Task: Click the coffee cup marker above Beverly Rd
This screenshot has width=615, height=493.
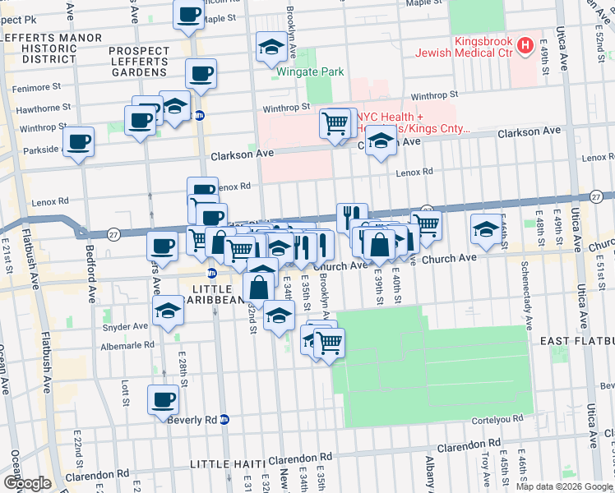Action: point(163,399)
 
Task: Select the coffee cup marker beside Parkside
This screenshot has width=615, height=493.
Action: point(78,141)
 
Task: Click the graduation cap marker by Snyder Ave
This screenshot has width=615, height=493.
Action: point(168,311)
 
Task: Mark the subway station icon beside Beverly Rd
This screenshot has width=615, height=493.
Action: point(224,419)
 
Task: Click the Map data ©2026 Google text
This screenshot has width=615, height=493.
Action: point(564,486)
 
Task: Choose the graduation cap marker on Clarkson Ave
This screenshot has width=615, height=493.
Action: point(380,142)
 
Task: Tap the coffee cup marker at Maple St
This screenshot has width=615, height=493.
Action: point(188,13)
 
